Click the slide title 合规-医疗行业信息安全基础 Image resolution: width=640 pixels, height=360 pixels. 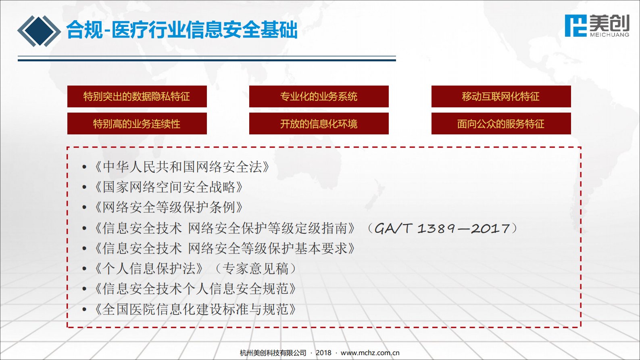click(x=182, y=30)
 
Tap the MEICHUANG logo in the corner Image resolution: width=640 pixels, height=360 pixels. click(x=597, y=26)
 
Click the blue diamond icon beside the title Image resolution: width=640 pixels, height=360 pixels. click(x=39, y=31)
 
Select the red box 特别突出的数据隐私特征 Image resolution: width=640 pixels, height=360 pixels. click(x=137, y=96)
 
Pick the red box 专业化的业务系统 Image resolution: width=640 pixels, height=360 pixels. click(x=319, y=96)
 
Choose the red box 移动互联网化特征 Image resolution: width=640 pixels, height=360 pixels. click(x=501, y=96)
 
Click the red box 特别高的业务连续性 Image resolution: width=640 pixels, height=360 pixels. click(x=137, y=123)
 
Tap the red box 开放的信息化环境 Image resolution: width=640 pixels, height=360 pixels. click(x=319, y=123)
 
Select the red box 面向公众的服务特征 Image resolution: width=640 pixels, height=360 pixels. click(x=501, y=123)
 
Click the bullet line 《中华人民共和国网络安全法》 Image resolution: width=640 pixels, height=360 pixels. click(x=182, y=167)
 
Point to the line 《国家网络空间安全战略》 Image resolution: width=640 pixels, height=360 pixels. click(x=169, y=187)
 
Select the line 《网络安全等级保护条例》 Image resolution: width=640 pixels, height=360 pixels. click(x=169, y=207)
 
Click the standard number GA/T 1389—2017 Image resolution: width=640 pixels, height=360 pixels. click(x=442, y=228)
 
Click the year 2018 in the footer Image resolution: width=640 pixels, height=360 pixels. click(x=323, y=353)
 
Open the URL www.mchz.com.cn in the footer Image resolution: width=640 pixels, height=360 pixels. click(x=370, y=353)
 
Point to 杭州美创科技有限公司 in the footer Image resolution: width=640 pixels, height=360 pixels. click(x=273, y=353)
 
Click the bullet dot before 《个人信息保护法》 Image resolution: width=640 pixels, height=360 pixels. click(x=84, y=268)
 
